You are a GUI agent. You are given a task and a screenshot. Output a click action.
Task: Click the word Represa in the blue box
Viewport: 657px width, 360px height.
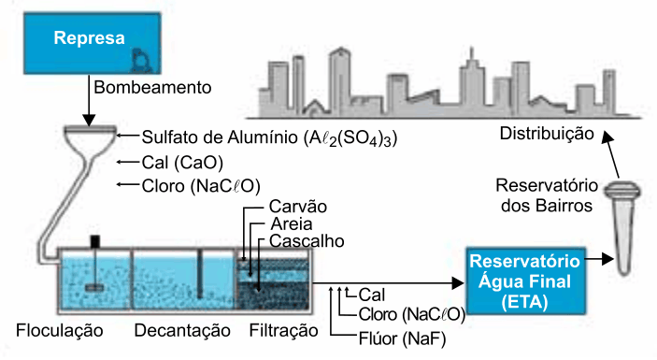click(89, 38)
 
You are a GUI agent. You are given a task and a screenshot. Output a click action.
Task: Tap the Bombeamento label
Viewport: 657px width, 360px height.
click(152, 88)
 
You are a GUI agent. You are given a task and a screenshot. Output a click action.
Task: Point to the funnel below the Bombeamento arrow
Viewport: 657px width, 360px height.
click(89, 142)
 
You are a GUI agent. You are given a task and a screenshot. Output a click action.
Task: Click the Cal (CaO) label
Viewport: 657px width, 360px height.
click(182, 163)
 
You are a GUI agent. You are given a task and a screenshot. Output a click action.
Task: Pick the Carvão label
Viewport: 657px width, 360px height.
click(298, 207)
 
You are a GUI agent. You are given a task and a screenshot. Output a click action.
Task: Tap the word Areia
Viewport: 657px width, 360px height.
click(292, 224)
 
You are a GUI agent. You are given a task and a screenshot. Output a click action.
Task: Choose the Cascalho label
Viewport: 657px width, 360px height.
click(307, 241)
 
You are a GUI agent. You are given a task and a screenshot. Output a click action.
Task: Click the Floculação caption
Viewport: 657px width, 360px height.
click(60, 331)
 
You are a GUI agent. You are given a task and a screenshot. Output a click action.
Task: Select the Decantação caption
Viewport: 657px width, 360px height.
click(182, 331)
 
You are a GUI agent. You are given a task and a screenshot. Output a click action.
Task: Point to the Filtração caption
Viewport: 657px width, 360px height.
click(284, 331)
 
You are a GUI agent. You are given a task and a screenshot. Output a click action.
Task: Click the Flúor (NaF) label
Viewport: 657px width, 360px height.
click(402, 338)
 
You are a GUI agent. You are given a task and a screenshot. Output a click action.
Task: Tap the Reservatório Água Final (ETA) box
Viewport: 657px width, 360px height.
click(525, 281)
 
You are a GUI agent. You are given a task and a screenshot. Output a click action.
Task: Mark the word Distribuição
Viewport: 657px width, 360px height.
click(547, 134)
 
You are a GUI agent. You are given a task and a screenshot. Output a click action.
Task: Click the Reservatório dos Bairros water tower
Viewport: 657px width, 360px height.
click(622, 227)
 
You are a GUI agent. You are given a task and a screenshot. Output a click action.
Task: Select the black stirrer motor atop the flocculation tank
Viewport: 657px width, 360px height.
click(95, 241)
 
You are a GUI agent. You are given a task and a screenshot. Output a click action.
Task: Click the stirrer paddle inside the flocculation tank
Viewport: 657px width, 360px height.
click(95, 288)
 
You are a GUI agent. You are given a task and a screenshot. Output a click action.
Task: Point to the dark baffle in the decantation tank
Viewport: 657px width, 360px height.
click(200, 274)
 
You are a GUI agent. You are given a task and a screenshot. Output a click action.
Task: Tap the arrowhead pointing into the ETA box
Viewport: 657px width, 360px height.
click(458, 283)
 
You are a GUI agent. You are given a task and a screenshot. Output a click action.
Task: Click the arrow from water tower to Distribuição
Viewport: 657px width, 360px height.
click(610, 154)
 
